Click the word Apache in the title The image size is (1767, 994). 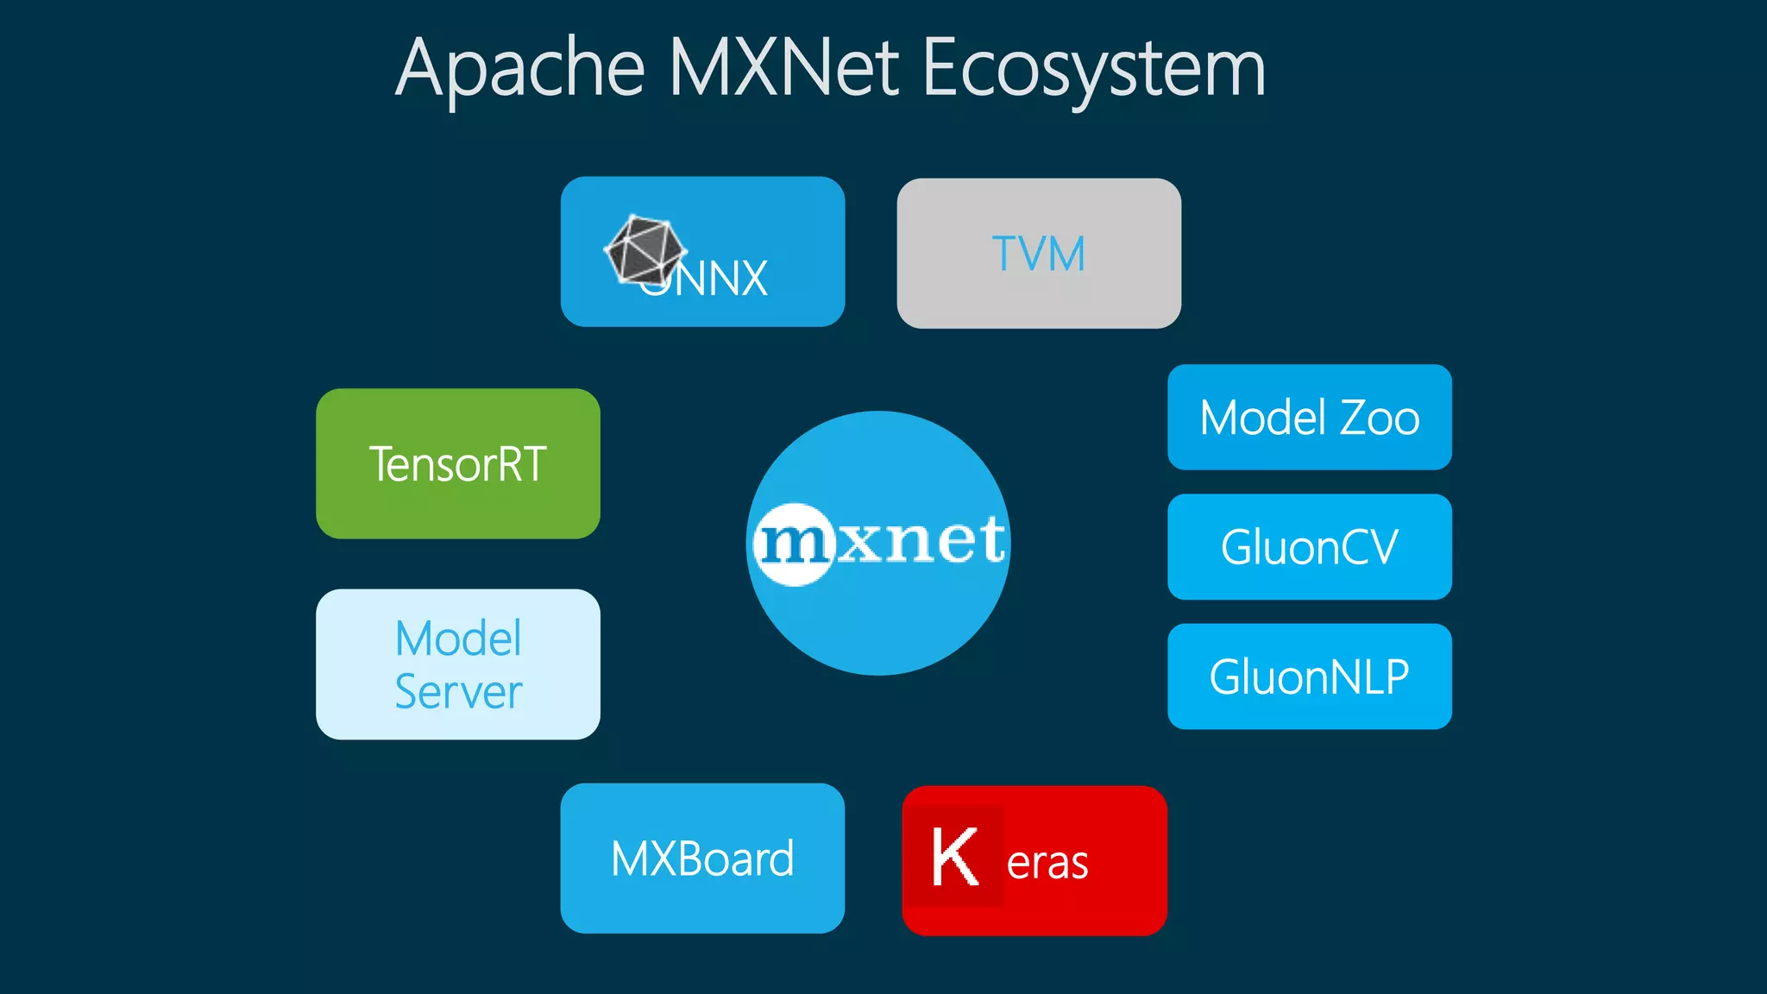click(520, 69)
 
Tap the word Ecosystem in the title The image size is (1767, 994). click(1093, 69)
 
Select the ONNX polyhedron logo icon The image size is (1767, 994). click(644, 250)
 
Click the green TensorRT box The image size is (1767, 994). click(457, 464)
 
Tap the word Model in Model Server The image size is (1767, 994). click(457, 639)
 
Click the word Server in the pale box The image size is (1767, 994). click(457, 692)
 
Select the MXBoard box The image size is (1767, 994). click(701, 859)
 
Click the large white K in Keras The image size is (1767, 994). click(954, 857)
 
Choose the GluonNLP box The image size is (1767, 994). click(1309, 676)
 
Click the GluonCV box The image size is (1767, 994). click(1309, 547)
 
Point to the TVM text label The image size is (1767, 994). click(1039, 254)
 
